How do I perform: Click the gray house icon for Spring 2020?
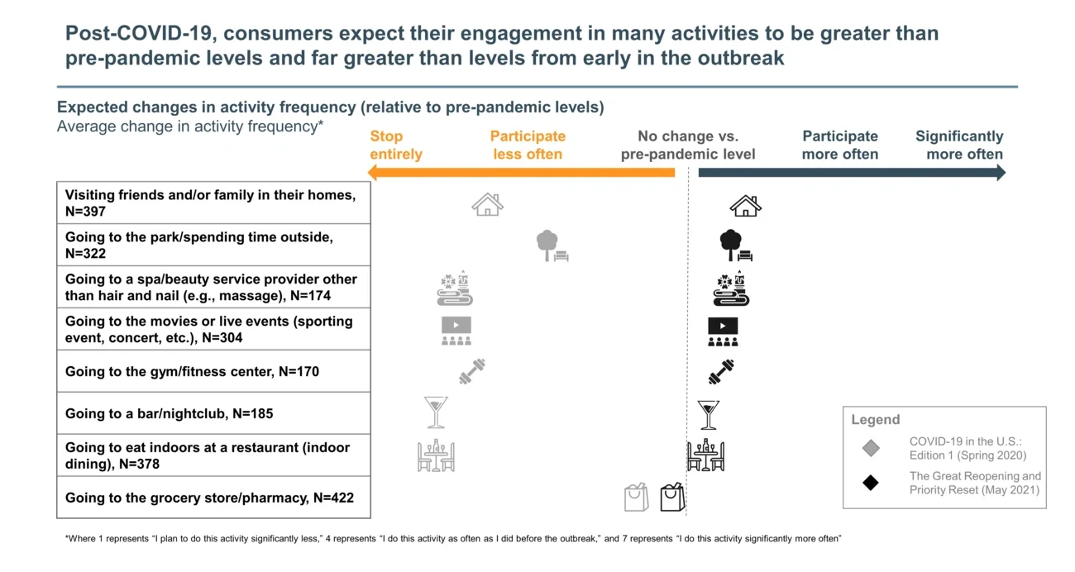pos(487,204)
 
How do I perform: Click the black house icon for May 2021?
pos(745,205)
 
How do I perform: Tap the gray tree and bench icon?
pos(552,246)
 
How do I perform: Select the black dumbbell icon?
pos(721,372)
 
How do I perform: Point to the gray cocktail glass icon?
pos(436,412)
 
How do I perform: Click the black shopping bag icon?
pos(672,497)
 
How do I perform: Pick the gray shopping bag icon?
pos(636,498)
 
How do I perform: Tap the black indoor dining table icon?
pos(705,455)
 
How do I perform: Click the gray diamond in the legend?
pos(871,448)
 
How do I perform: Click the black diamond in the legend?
pos(871,482)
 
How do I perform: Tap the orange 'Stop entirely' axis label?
pos(395,145)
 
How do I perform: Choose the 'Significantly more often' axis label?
pos(958,145)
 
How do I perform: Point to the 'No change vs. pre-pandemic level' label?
pos(687,145)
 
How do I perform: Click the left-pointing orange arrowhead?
pos(373,173)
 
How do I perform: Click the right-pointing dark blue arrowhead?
pos(1001,173)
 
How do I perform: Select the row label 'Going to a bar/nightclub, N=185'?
pos(169,413)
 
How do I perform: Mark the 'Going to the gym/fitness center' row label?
pos(192,372)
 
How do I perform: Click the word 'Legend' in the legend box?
pos(875,420)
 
